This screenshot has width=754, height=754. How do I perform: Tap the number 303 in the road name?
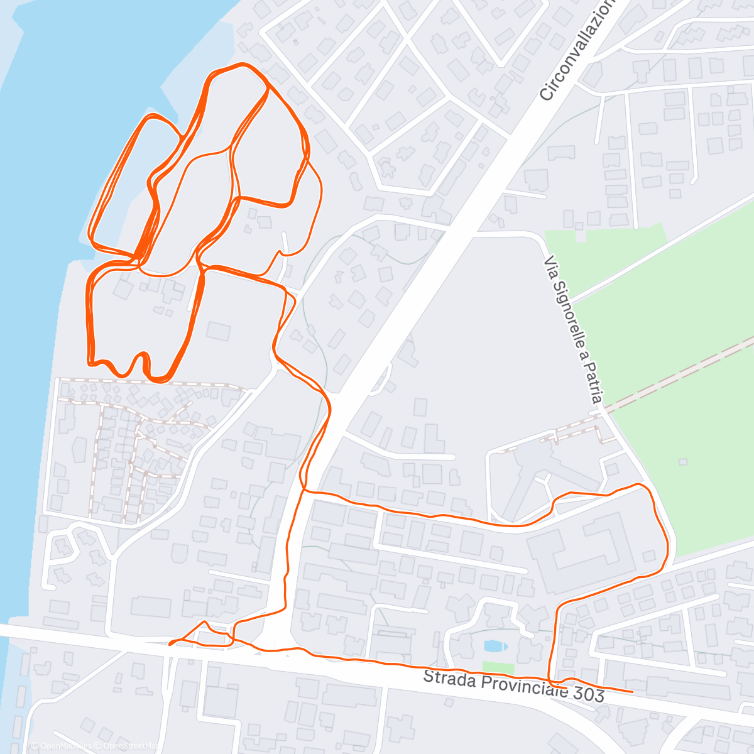coord(584,694)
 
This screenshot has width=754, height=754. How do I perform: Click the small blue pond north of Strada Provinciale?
coord(494,646)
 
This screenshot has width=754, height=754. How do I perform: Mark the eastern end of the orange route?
coord(631,691)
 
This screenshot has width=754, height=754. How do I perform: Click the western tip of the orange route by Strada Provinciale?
coord(171,643)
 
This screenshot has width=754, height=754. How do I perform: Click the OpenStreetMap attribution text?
coord(129,746)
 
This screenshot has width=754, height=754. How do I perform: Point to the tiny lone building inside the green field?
coord(682,462)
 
